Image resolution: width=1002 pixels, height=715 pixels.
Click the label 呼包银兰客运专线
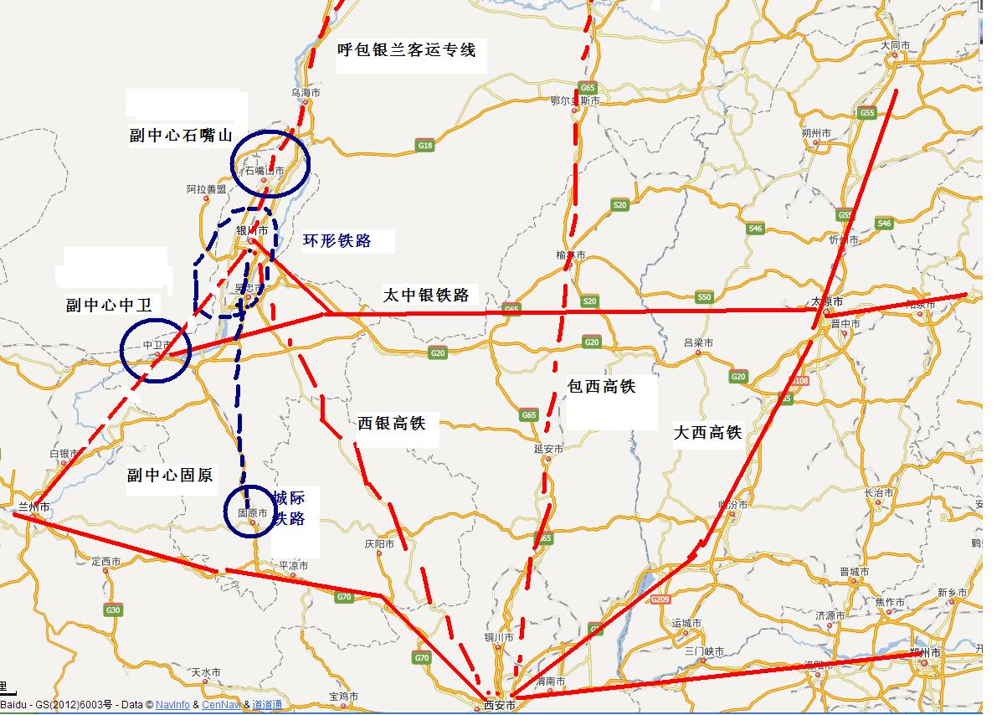(x=406, y=50)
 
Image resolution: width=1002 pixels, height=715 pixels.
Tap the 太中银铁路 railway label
(x=426, y=295)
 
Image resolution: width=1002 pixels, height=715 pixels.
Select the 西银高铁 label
(x=392, y=424)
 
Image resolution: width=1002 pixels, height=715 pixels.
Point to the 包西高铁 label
(x=601, y=386)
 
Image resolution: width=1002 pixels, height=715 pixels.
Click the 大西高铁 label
(x=707, y=433)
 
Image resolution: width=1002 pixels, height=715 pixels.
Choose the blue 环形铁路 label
(x=337, y=242)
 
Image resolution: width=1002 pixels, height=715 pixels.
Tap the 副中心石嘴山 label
(x=181, y=136)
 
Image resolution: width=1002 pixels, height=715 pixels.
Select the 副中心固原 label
(x=170, y=476)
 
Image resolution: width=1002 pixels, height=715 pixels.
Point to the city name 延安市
(x=548, y=450)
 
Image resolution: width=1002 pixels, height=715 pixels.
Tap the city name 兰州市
(x=34, y=507)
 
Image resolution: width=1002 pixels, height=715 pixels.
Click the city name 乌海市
(x=305, y=93)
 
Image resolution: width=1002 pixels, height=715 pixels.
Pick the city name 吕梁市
(x=698, y=343)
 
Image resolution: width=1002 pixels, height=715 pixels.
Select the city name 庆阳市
(x=379, y=544)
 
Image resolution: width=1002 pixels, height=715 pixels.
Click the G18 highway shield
(x=425, y=146)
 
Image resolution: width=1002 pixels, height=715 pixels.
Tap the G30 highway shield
(x=113, y=610)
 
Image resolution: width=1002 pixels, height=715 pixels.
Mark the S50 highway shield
(x=704, y=297)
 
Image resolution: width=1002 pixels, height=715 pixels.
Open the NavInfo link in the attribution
(x=172, y=705)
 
